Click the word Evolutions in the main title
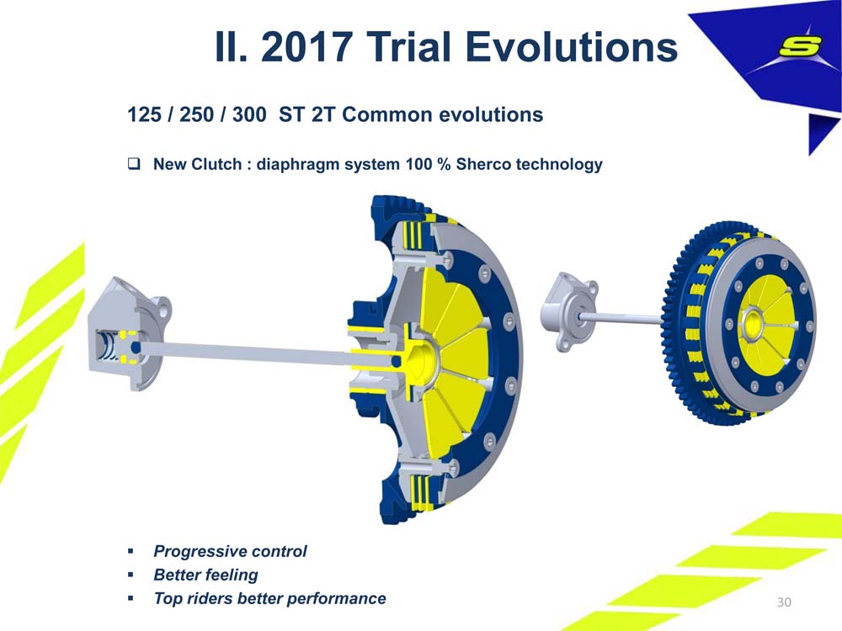[x=571, y=46]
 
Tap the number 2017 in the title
[x=306, y=46]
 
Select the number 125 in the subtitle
[x=144, y=114]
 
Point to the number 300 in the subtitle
[x=249, y=114]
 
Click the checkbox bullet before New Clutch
[x=134, y=163]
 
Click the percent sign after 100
[x=444, y=164]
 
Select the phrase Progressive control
[x=230, y=551]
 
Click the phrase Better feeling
[x=205, y=575]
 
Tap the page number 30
[x=784, y=602]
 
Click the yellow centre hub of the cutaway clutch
[x=423, y=358]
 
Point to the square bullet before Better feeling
[x=131, y=575]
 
